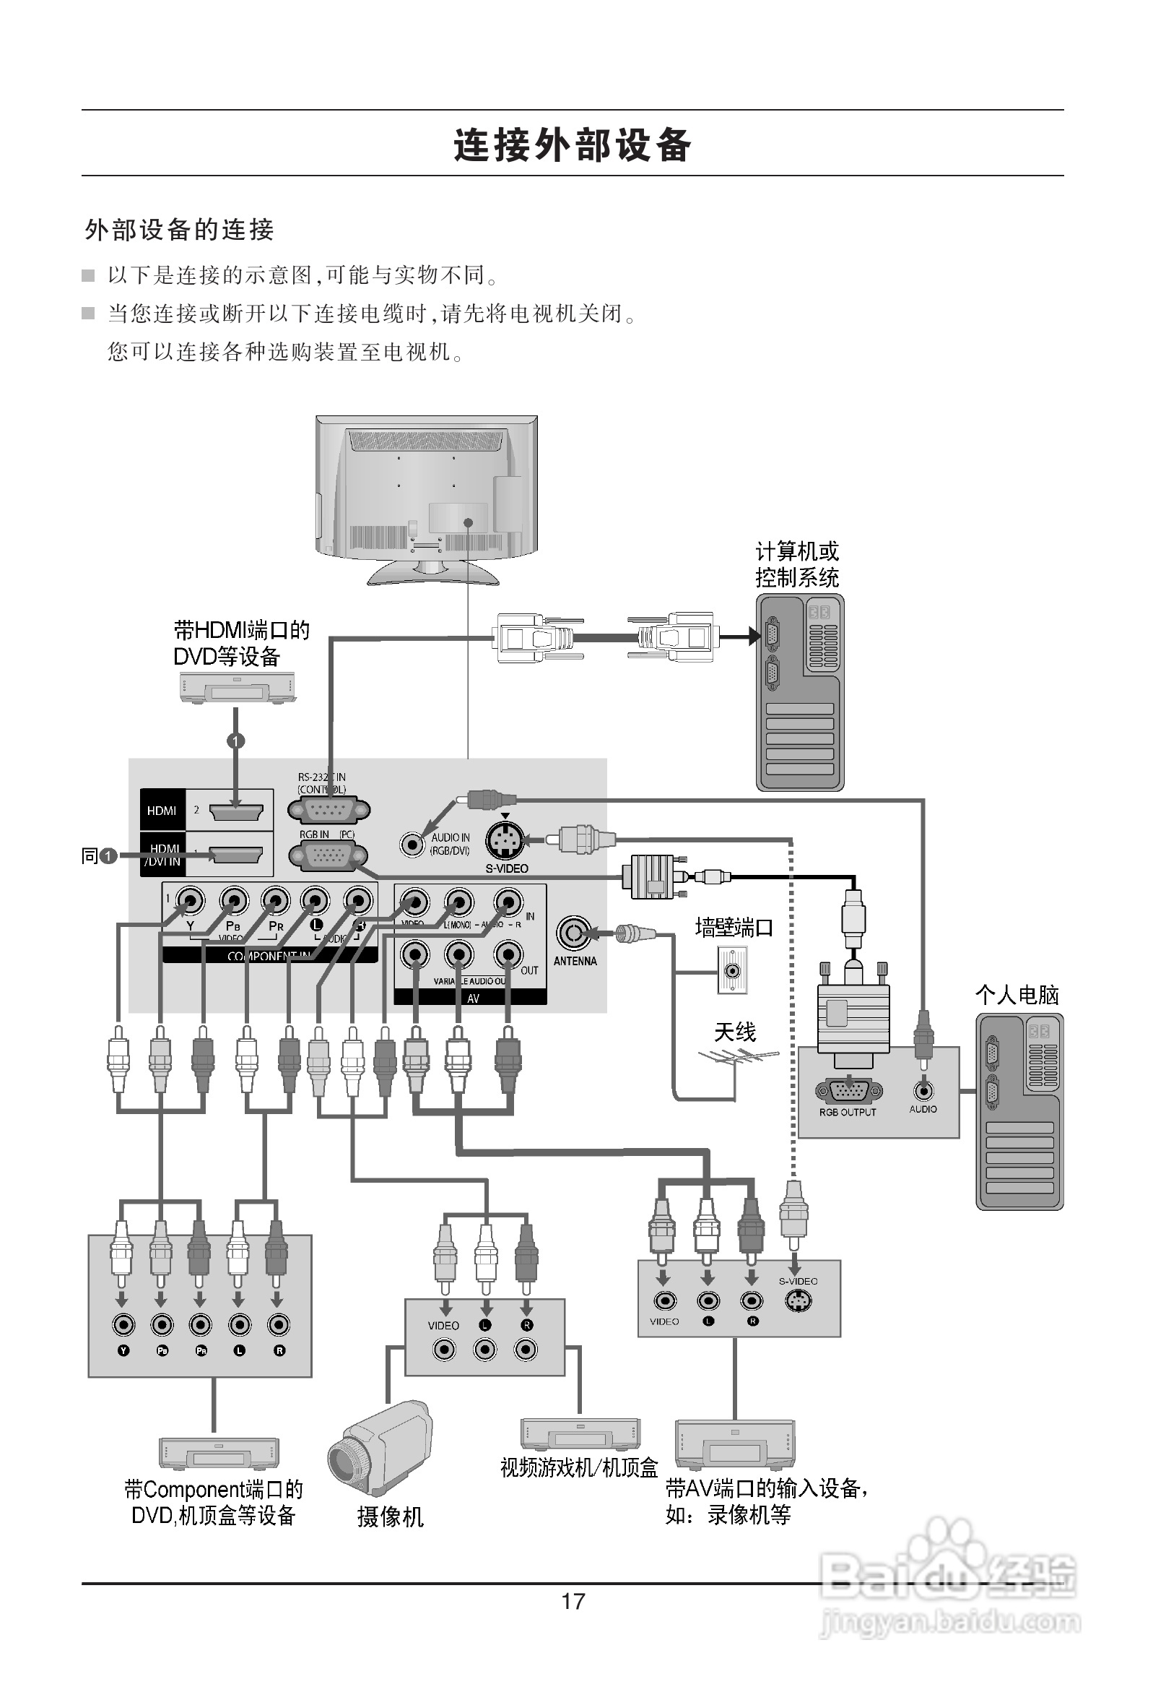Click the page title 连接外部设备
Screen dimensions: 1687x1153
point(573,144)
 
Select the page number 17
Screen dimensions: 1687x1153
point(573,1600)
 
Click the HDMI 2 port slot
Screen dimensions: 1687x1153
point(237,811)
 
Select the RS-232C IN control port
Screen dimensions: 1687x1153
point(328,809)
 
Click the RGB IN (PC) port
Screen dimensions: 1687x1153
point(328,857)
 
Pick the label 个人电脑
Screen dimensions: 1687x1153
point(1017,994)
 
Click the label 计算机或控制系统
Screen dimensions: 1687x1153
point(797,565)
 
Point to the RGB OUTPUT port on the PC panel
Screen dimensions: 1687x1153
point(848,1091)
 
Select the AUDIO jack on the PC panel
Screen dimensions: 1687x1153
point(923,1090)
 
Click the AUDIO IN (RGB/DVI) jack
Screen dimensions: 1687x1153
point(413,844)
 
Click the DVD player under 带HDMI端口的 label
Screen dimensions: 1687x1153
point(238,686)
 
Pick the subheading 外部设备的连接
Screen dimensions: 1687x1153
point(179,230)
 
